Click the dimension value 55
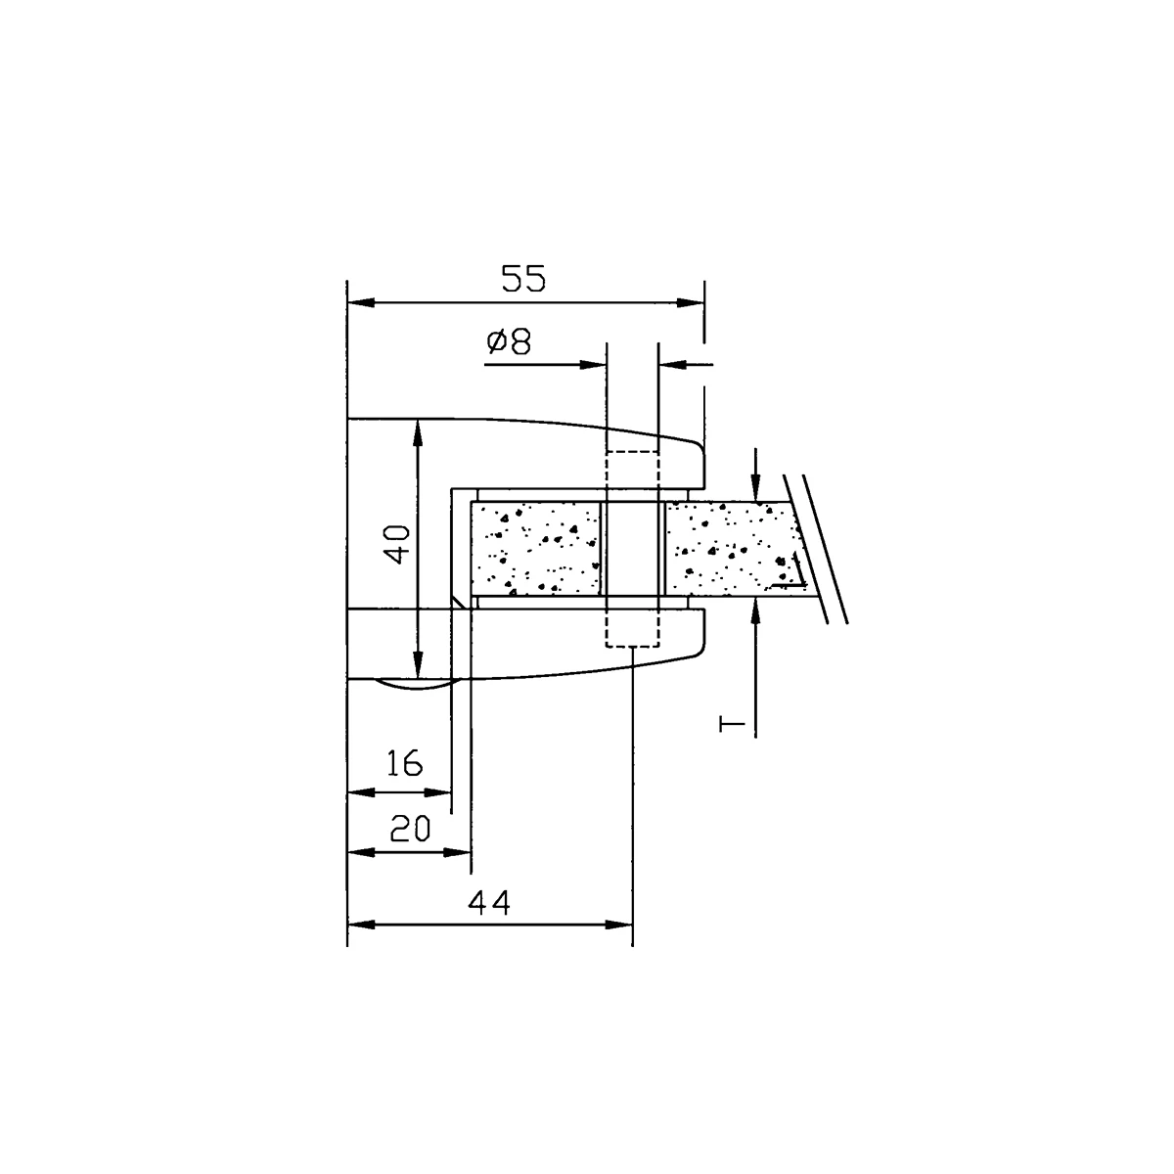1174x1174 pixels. (523, 279)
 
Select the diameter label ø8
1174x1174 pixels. (509, 341)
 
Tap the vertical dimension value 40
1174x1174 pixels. (399, 544)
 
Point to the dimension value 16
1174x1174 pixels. (404, 763)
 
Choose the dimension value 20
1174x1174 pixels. (410, 829)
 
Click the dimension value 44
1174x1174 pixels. (488, 903)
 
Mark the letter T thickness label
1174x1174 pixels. (732, 724)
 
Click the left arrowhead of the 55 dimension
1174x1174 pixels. (361, 302)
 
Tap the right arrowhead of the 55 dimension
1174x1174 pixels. (691, 302)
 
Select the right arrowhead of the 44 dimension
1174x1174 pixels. (619, 925)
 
